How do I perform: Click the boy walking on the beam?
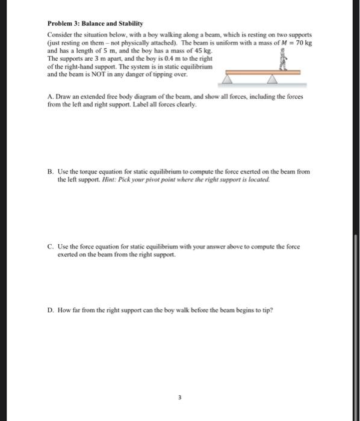click(281, 61)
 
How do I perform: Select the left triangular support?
click(232, 79)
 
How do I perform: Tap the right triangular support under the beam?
click(274, 79)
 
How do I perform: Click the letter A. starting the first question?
click(49, 96)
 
